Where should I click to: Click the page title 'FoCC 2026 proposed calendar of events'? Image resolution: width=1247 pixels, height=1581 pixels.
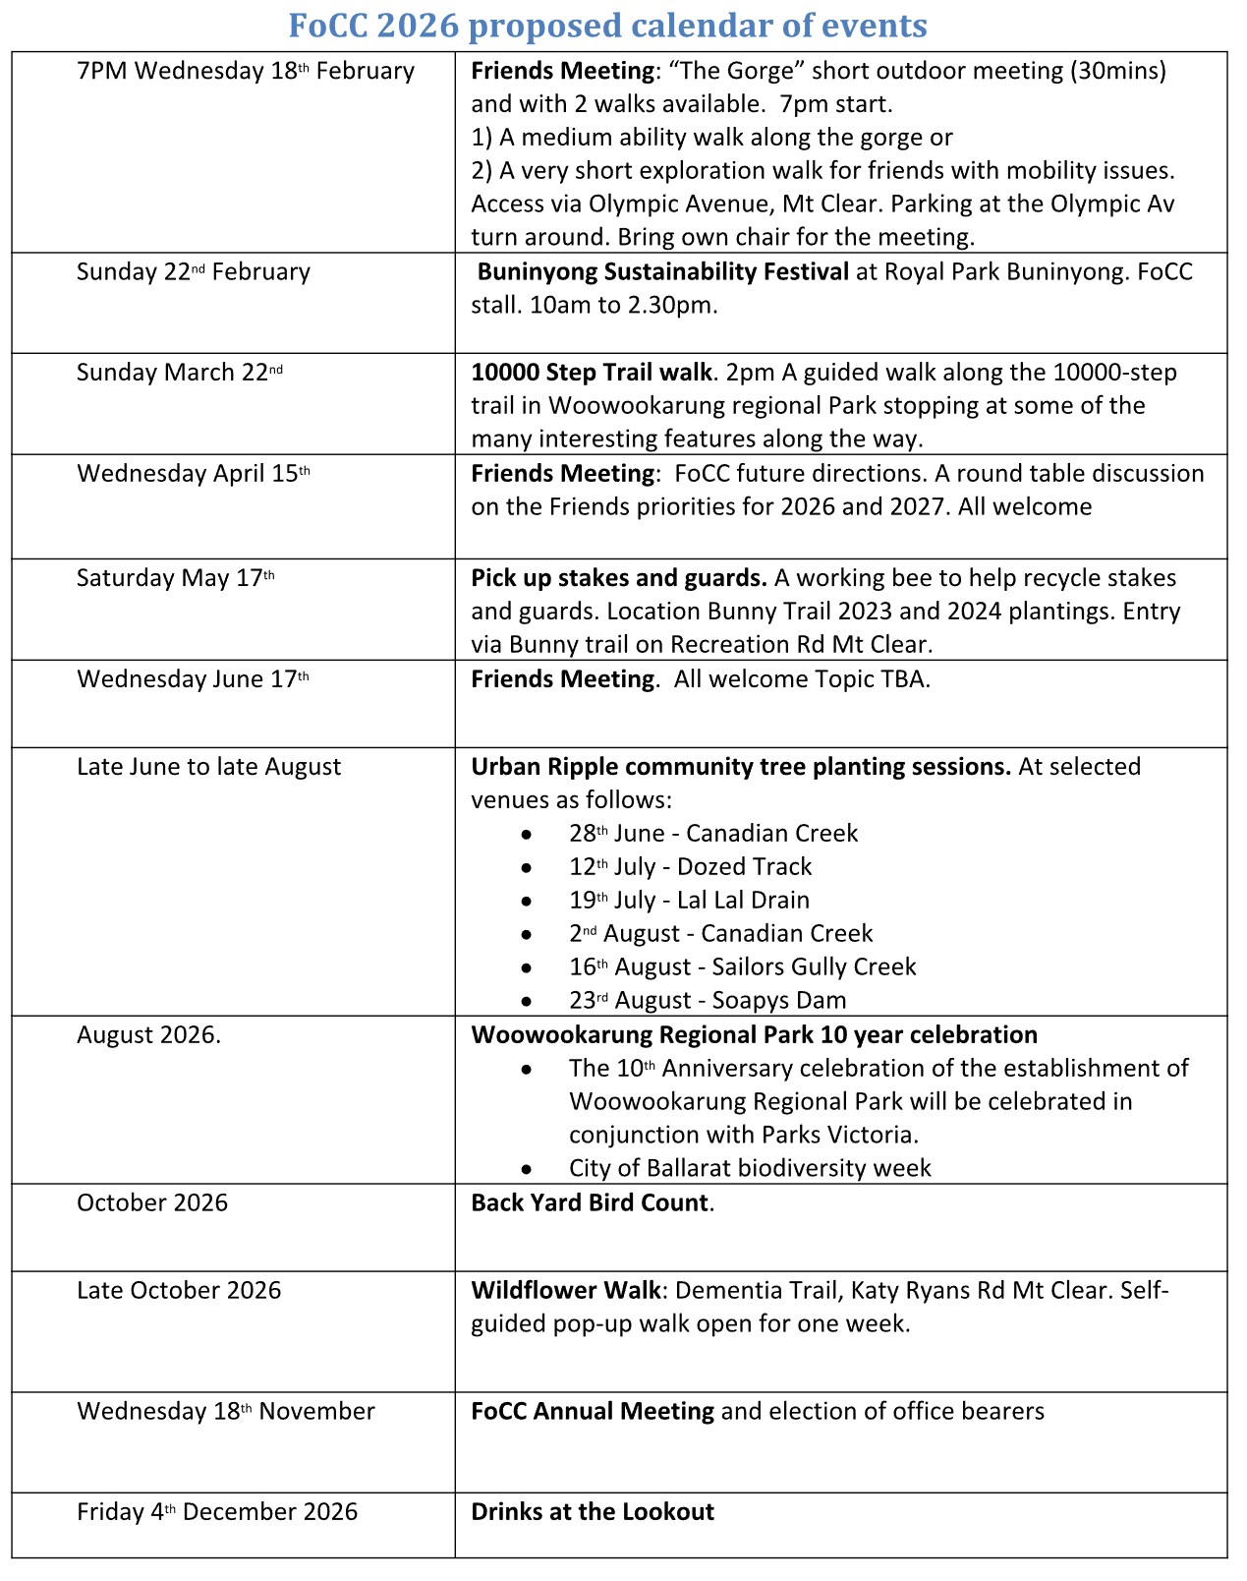[608, 25]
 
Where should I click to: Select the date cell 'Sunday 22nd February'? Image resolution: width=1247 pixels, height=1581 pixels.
[194, 272]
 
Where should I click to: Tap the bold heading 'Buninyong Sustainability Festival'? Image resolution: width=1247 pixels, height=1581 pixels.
[662, 272]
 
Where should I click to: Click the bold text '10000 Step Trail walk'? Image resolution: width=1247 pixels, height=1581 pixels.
[592, 373]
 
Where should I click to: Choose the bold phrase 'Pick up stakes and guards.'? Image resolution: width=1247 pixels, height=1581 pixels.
[619, 578]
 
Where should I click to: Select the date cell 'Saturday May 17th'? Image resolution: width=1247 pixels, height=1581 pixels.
[176, 578]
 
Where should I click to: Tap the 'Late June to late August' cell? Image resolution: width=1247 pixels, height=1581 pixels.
[208, 767]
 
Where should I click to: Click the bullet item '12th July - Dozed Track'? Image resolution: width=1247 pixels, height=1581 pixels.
[690, 867]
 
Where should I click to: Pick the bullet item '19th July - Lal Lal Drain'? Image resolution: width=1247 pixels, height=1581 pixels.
[689, 901]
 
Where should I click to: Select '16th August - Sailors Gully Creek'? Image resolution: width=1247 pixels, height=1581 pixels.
[742, 967]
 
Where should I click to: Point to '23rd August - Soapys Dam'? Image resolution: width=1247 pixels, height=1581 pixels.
[707, 1001]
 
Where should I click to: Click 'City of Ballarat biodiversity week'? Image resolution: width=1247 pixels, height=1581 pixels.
[750, 1168]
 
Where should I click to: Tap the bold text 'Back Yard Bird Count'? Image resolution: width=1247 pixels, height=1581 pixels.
[590, 1203]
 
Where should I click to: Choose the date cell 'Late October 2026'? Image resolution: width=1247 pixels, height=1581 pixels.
[179, 1291]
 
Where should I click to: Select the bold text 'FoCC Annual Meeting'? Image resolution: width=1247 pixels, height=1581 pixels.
[593, 1412]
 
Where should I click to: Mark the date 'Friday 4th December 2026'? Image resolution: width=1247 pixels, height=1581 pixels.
[217, 1512]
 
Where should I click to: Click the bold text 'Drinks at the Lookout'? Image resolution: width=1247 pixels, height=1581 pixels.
[593, 1512]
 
